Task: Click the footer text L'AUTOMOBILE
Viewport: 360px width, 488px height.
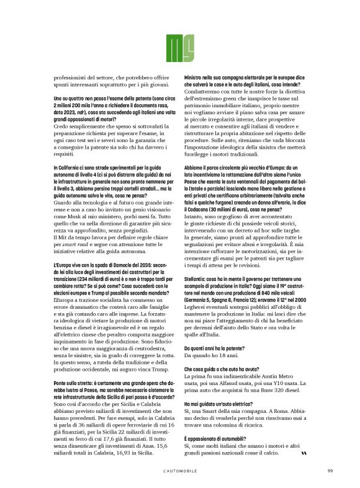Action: (179, 469)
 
